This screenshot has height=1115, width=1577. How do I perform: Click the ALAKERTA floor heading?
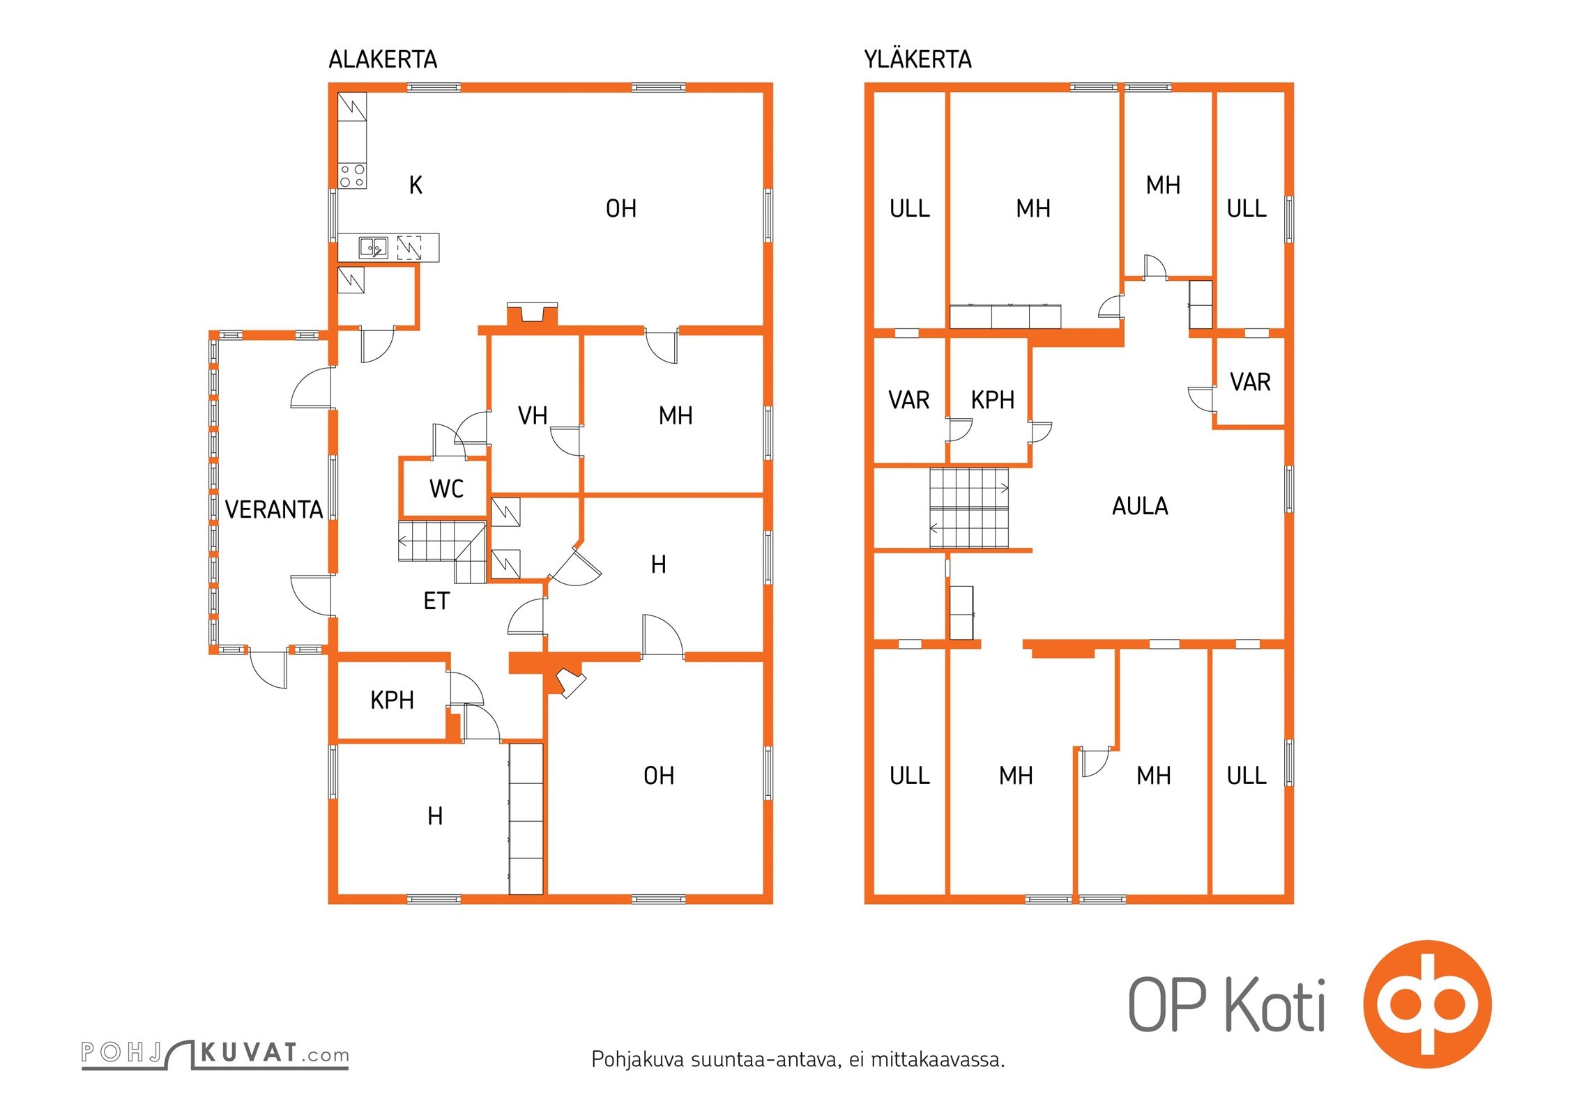click(383, 60)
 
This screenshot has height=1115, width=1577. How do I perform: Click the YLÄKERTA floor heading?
click(917, 60)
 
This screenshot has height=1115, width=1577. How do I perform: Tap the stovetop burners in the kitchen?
click(352, 176)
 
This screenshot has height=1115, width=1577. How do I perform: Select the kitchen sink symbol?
click(374, 247)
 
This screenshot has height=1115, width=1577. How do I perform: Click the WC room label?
click(446, 489)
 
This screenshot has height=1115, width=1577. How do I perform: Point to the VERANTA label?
click(274, 510)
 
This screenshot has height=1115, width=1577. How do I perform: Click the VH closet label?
click(533, 416)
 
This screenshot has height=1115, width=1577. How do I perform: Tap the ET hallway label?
click(436, 601)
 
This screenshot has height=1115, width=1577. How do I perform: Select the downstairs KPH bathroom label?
click(392, 700)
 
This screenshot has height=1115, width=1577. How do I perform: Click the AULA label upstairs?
click(1140, 507)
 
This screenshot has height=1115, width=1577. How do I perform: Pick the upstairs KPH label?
click(992, 401)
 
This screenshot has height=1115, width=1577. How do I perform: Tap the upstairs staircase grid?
click(969, 508)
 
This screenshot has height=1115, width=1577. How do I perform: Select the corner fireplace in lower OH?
click(570, 682)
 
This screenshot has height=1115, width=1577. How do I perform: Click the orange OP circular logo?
click(1427, 1004)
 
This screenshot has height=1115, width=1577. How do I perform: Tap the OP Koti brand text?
click(1227, 1006)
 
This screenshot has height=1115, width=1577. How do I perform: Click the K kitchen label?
click(416, 185)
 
